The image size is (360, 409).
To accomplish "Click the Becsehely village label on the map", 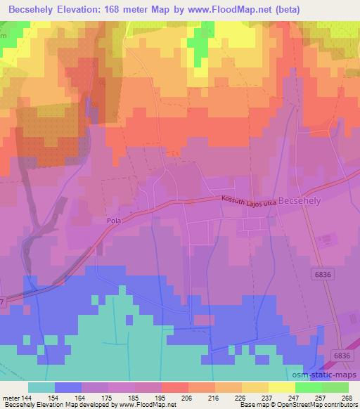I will pos(302,200).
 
